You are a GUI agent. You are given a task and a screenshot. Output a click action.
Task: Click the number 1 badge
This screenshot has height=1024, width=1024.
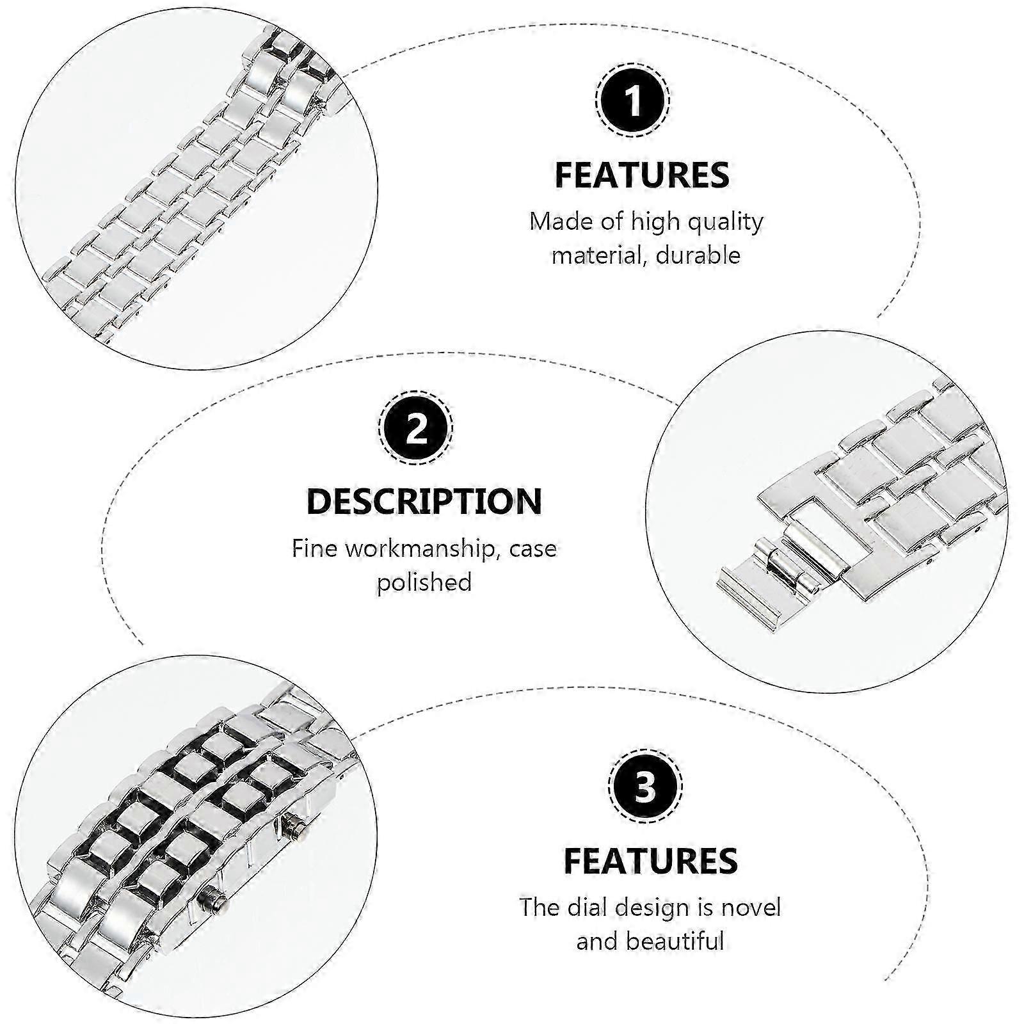click(633, 101)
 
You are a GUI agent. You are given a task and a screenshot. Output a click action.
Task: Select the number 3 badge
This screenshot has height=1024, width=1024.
click(645, 787)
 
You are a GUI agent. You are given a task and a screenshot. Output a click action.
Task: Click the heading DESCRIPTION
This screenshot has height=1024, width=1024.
click(424, 501)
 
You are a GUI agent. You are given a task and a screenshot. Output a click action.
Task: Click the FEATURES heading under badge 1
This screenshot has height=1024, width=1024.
click(642, 175)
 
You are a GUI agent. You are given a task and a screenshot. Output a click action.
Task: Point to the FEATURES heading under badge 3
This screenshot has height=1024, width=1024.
click(651, 860)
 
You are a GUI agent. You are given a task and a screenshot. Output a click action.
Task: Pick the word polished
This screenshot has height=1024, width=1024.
click(424, 583)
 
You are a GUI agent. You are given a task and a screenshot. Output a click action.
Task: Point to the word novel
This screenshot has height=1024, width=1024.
click(751, 908)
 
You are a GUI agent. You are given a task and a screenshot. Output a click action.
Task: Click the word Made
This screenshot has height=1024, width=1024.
click(561, 221)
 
